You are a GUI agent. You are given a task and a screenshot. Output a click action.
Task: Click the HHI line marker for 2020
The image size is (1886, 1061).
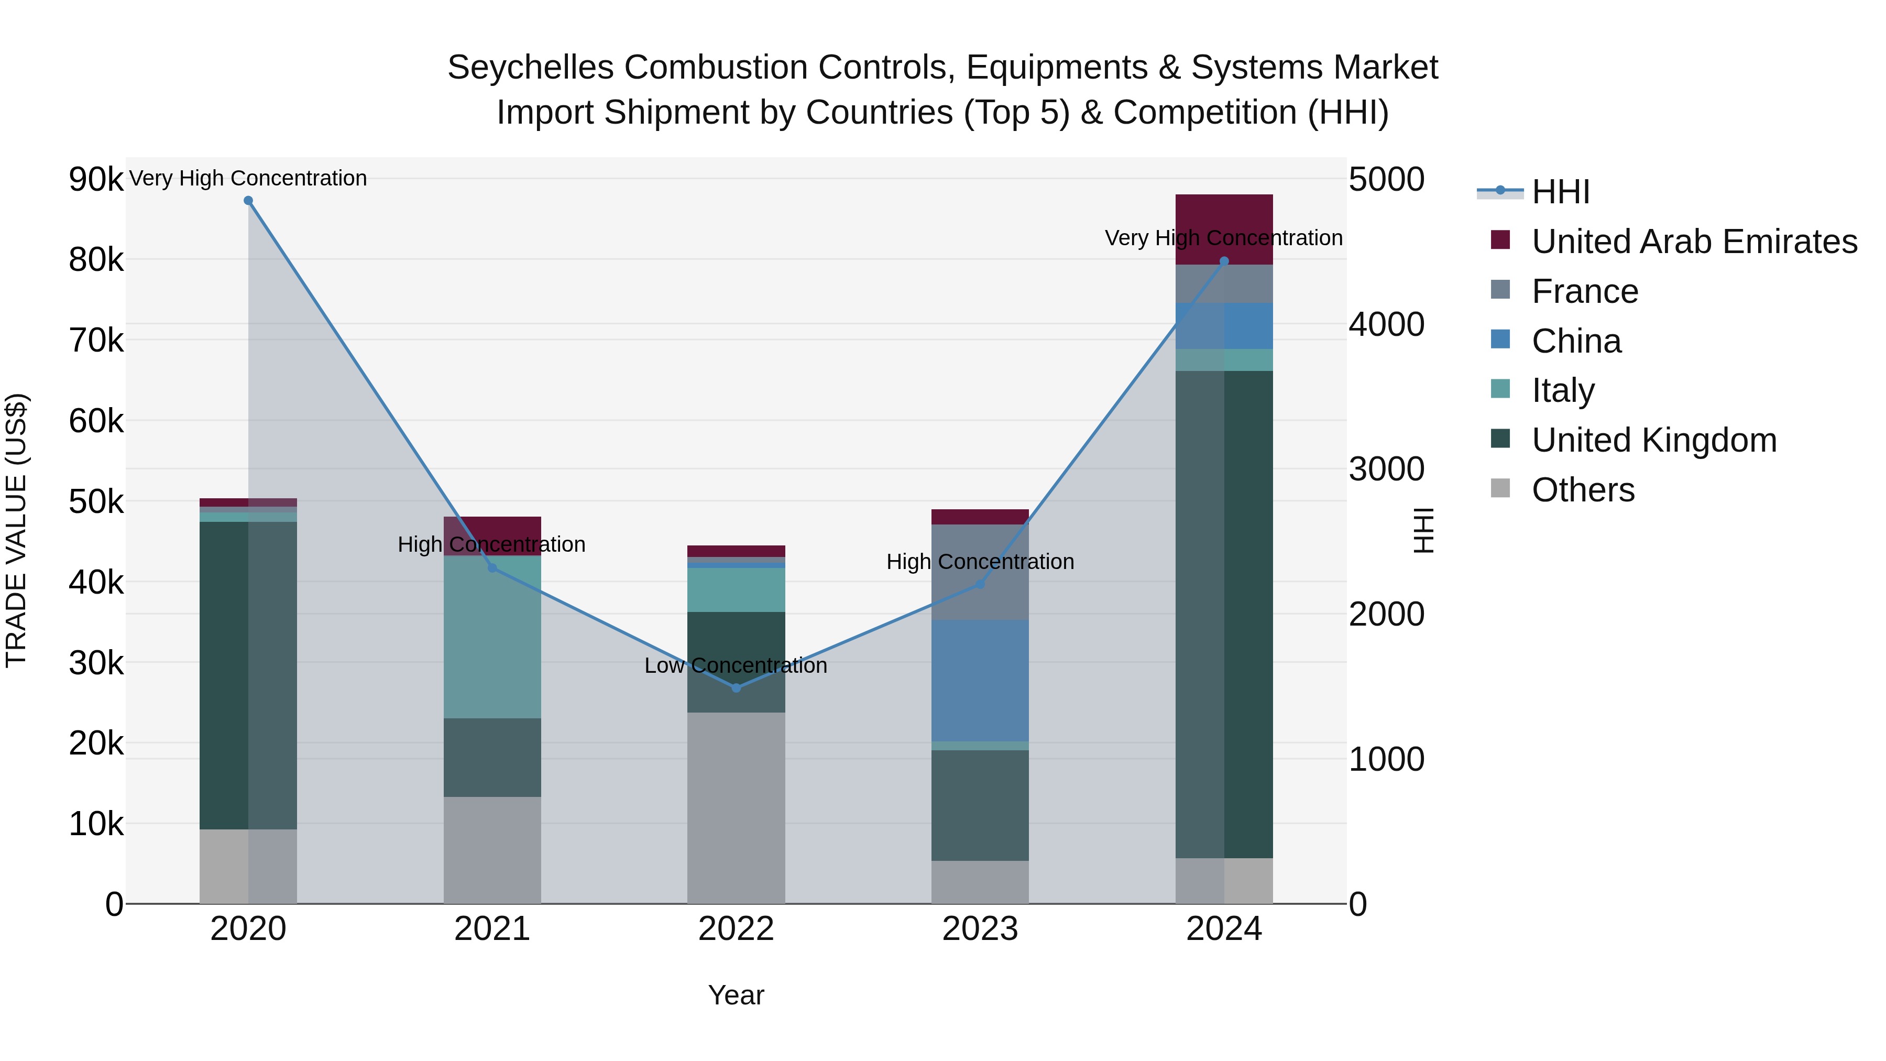pyautogui.click(x=248, y=201)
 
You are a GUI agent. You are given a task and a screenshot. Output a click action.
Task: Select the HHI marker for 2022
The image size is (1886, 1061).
pyautogui.click(x=737, y=687)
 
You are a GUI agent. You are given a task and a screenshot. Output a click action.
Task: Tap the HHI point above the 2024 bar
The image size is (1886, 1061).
pyautogui.click(x=1224, y=261)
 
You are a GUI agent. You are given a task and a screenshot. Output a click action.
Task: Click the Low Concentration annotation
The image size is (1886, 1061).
pyautogui.click(x=736, y=665)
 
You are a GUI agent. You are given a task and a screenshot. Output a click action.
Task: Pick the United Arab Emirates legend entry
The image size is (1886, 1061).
pyautogui.click(x=1694, y=242)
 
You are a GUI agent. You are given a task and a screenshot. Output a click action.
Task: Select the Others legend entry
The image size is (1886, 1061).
pyautogui.click(x=1582, y=490)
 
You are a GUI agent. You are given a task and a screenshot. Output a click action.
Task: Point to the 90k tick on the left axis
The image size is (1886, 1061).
pyautogui.click(x=96, y=179)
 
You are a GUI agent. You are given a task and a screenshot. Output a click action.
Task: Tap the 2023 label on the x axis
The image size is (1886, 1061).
pyautogui.click(x=980, y=929)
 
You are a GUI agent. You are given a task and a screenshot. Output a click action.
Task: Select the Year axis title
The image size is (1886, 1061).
pyautogui.click(x=736, y=995)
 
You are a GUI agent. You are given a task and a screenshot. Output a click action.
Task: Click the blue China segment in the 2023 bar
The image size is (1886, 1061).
pyautogui.click(x=980, y=681)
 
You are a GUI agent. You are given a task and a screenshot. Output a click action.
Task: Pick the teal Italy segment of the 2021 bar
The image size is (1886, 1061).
pyautogui.click(x=492, y=637)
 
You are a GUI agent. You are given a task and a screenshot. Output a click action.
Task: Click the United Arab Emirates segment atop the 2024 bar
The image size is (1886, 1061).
pyautogui.click(x=1224, y=229)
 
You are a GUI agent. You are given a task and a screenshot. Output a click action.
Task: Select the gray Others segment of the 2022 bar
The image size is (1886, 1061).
pyautogui.click(x=736, y=807)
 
